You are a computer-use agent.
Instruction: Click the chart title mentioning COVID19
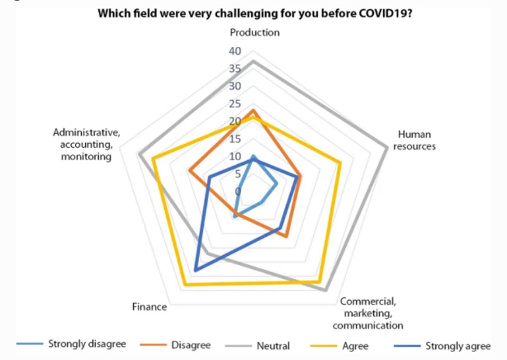(255, 13)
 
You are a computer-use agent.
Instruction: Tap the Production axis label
(255, 32)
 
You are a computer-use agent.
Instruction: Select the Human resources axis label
(414, 140)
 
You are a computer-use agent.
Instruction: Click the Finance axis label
(149, 307)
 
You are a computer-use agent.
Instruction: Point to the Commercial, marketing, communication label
(368, 313)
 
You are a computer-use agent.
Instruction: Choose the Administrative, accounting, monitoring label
(86, 144)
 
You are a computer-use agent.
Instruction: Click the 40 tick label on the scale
(235, 51)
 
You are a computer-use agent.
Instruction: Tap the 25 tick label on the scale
(235, 104)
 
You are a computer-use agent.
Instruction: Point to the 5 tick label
(238, 173)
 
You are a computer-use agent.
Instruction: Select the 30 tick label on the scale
(235, 86)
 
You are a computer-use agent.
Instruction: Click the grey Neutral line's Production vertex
(253, 62)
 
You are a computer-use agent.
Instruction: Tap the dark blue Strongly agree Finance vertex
(195, 271)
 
